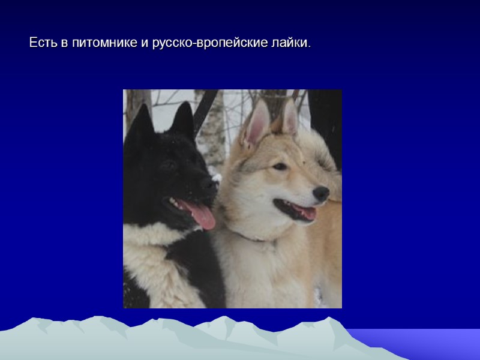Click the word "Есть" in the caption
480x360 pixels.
tap(42, 44)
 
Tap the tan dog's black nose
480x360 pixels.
tap(322, 193)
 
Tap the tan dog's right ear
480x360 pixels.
tap(290, 118)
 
